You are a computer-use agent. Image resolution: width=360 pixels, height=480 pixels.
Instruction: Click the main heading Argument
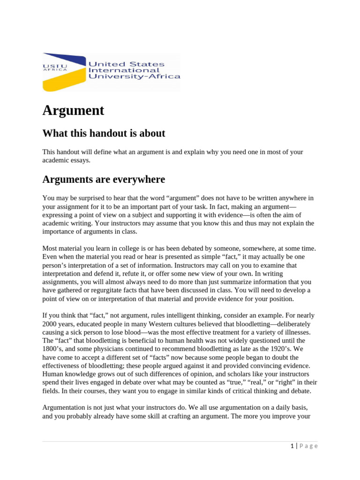click(73, 111)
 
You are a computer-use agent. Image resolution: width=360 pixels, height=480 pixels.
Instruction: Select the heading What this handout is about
click(104, 133)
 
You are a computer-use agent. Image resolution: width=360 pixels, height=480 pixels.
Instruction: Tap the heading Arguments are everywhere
click(104, 180)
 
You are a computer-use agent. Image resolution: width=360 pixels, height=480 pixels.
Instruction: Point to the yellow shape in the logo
click(61, 81)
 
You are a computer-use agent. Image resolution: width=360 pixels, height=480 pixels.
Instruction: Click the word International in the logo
click(118, 70)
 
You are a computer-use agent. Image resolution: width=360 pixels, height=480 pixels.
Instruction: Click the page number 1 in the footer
click(292, 446)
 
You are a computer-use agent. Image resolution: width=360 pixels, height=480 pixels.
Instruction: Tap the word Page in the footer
click(308, 446)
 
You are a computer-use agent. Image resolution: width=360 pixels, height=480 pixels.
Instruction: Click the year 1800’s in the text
click(52, 349)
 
